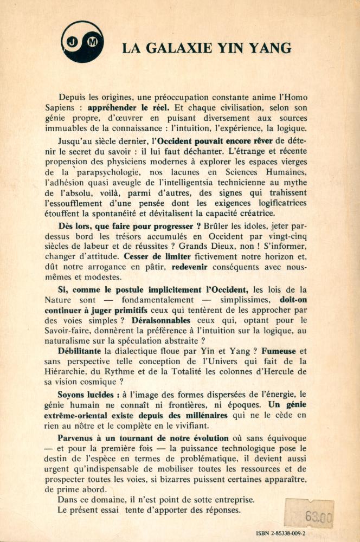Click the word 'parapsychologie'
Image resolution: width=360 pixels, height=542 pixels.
click(x=101, y=171)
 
